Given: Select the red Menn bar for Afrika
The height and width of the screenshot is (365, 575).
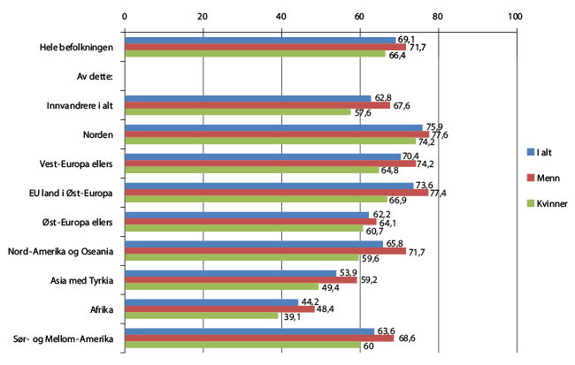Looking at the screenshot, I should (x=218, y=308).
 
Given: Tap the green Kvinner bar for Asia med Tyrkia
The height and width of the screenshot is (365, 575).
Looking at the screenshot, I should (x=221, y=287).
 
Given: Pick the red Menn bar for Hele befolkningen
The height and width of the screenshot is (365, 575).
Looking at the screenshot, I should (x=264, y=47).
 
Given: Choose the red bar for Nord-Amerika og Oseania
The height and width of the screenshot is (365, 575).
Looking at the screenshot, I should (x=264, y=251).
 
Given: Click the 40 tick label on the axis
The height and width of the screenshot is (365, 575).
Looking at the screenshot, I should (x=281, y=15).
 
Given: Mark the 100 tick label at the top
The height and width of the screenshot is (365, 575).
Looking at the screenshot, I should (x=516, y=15).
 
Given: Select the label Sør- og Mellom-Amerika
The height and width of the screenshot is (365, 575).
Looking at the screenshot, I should (x=65, y=338).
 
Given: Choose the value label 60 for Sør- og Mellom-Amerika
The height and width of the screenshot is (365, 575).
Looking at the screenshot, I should (x=369, y=346).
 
